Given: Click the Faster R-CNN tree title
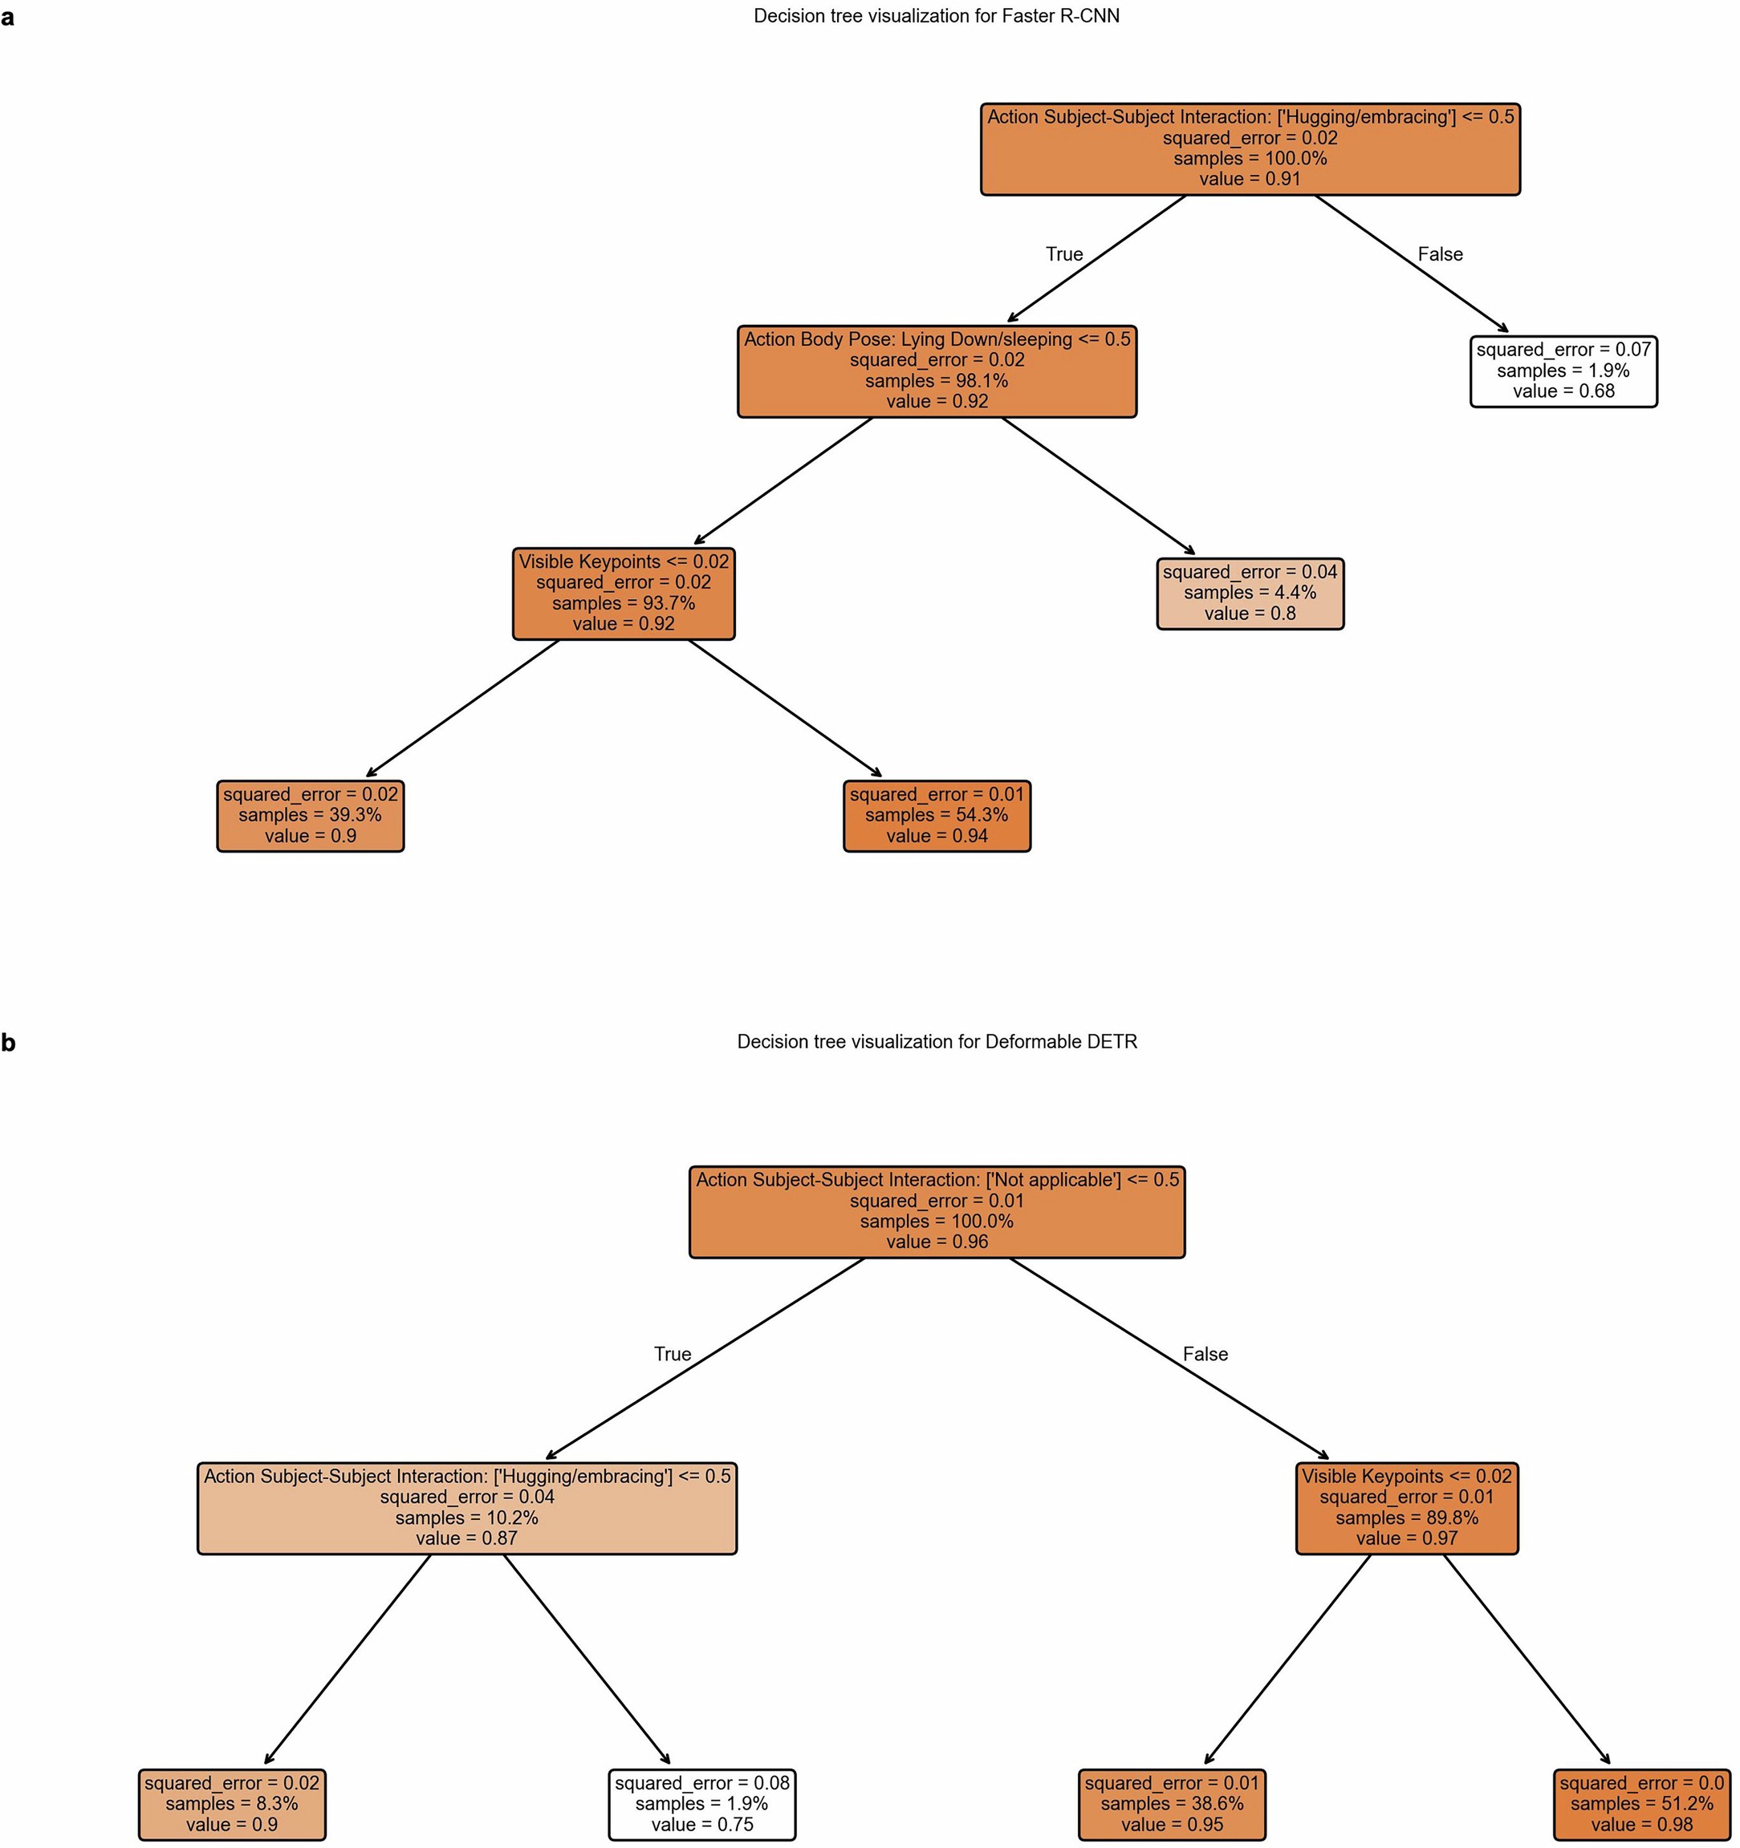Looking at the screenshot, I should pyautogui.click(x=936, y=16).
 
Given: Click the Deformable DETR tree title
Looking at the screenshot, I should pyautogui.click(x=937, y=1041).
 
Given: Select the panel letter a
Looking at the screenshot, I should pyautogui.click(x=7, y=17).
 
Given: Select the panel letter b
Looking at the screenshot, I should pyautogui.click(x=8, y=1042).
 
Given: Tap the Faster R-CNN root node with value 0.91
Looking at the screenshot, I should pyautogui.click(x=1250, y=148).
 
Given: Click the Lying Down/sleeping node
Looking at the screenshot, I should pyautogui.click(x=937, y=371).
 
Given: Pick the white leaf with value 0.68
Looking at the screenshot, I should pyautogui.click(x=1563, y=371).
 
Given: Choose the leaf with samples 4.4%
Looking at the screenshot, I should pyautogui.click(x=1250, y=593).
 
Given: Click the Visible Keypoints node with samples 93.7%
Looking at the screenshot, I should pyautogui.click(x=623, y=593).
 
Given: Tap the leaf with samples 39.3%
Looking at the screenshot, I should pyautogui.click(x=310, y=815).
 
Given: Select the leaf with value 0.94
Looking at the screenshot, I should pyautogui.click(x=937, y=815).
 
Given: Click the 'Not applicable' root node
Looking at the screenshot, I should pyautogui.click(x=937, y=1211).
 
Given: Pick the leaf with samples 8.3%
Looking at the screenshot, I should pyautogui.click(x=232, y=1803).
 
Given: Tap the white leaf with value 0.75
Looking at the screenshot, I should pyautogui.click(x=702, y=1803).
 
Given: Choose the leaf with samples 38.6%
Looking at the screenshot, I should pyautogui.click(x=1172, y=1803).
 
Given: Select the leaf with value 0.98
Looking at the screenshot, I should pyautogui.click(x=1641, y=1803).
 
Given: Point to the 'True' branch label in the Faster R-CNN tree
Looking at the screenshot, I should pyautogui.click(x=1064, y=253).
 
